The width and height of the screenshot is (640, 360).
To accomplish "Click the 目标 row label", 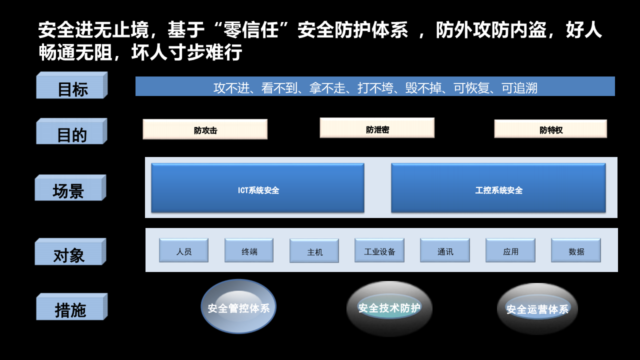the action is [x=71, y=86].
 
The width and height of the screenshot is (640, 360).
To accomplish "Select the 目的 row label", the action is [x=71, y=132].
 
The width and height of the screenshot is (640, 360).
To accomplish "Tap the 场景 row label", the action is [x=70, y=189].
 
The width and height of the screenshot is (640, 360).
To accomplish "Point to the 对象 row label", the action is [x=70, y=253].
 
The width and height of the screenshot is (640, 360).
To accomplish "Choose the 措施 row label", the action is [x=71, y=308].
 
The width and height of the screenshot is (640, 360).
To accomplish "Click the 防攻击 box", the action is [x=205, y=129].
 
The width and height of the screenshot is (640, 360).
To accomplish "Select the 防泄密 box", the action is [x=377, y=128].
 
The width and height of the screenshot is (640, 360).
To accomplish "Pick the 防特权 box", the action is [x=550, y=129].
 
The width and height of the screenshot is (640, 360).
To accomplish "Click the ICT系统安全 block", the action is [x=257, y=188].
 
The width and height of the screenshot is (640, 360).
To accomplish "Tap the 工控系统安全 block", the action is [x=498, y=188].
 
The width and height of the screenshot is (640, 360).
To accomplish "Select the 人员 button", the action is [x=183, y=250].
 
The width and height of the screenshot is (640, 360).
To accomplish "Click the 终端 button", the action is [x=249, y=250].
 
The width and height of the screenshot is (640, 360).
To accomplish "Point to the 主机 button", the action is [x=314, y=251].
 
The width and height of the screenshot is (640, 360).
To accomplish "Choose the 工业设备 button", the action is [x=379, y=250].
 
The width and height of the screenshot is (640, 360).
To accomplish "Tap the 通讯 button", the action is [x=445, y=250].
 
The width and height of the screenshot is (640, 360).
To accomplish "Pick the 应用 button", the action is [x=510, y=250].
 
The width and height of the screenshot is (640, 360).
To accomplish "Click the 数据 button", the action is [x=576, y=250].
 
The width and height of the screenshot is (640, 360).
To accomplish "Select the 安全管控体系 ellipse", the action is [x=238, y=306].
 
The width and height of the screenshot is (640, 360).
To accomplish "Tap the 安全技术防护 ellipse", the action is [x=389, y=308].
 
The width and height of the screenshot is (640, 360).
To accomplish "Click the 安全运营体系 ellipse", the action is [x=537, y=308].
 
